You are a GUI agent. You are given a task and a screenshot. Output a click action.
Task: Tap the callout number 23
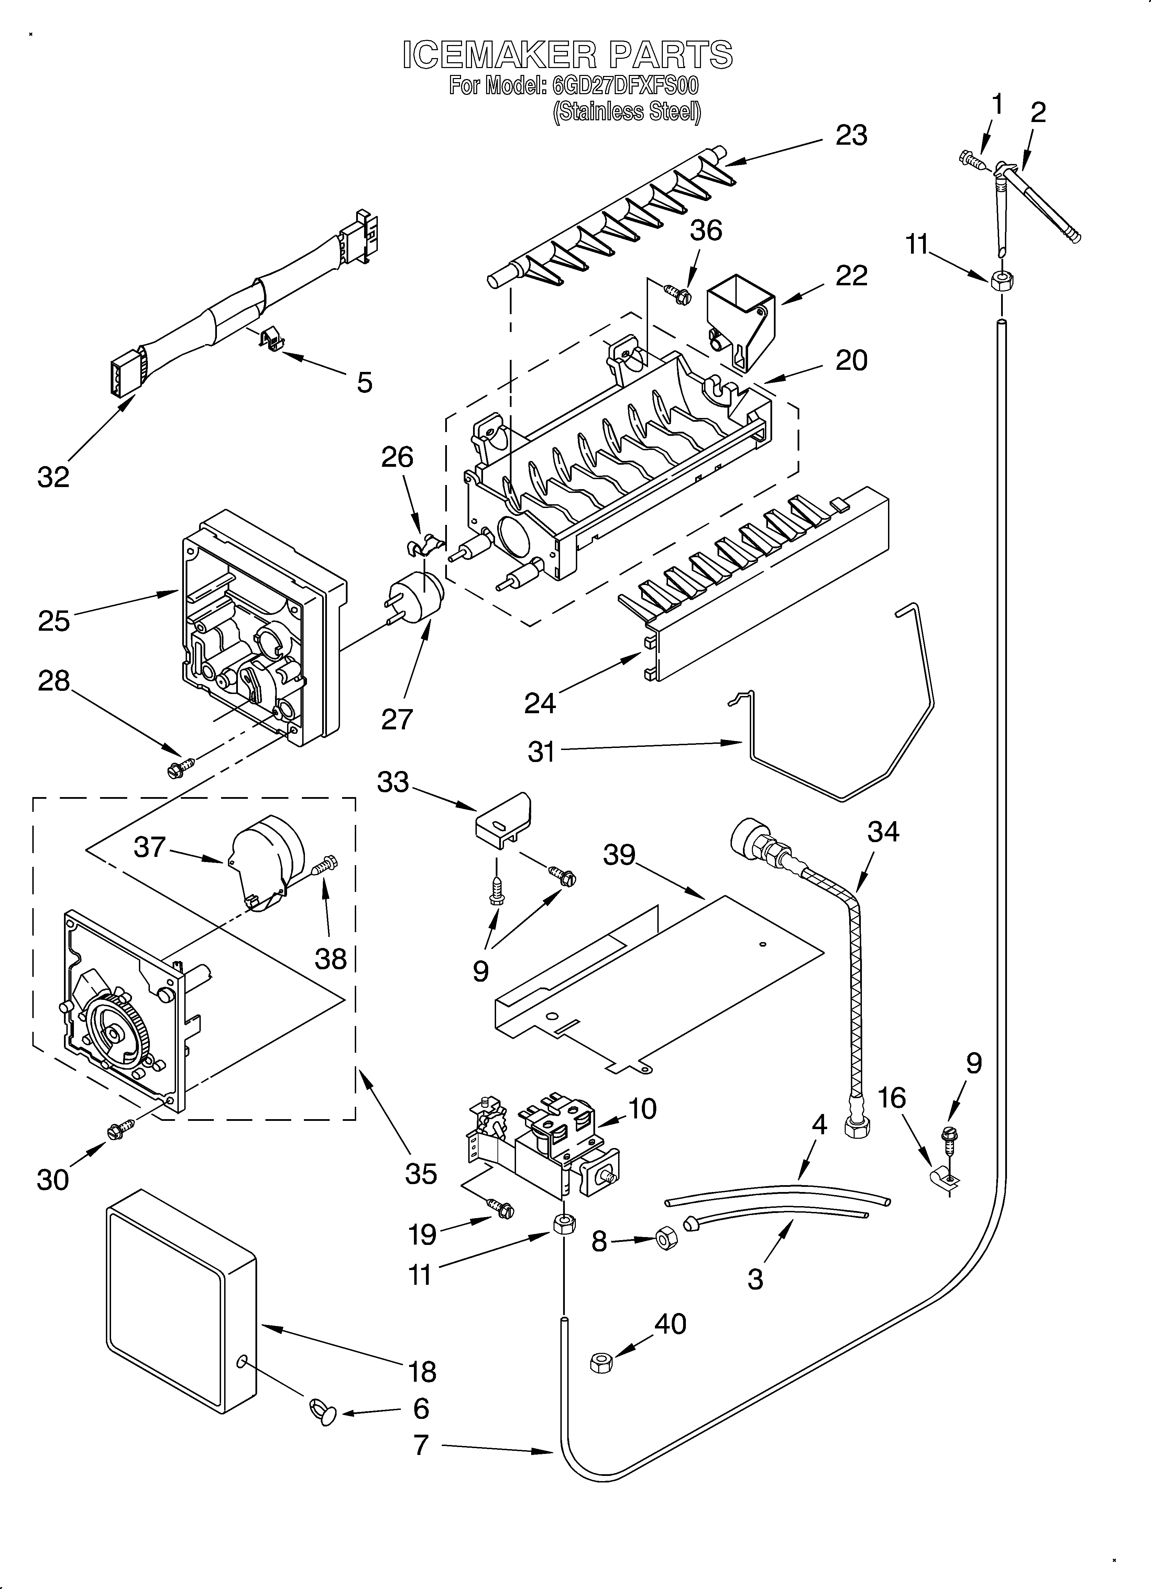(x=851, y=135)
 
